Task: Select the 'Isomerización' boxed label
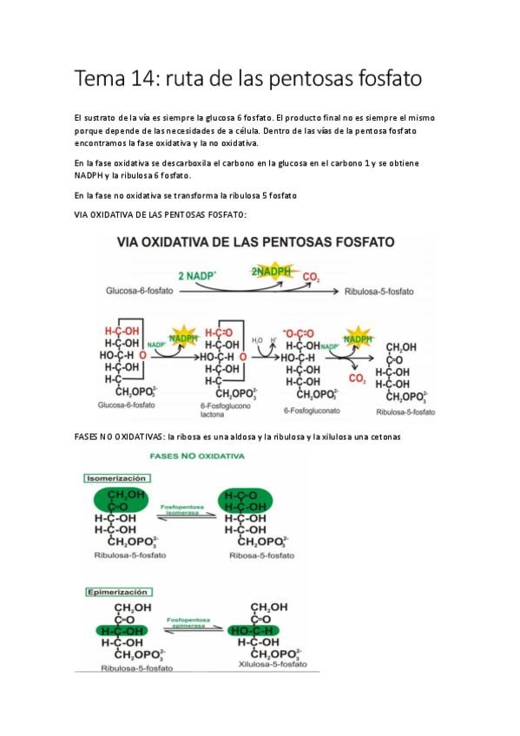(x=116, y=478)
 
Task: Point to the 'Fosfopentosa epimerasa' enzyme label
(x=185, y=623)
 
